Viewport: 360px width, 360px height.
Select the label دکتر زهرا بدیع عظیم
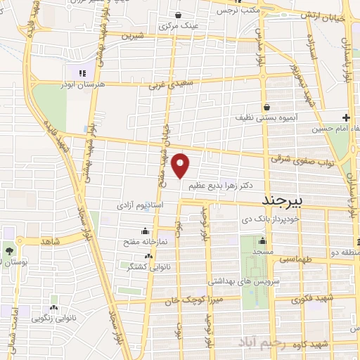[220, 186]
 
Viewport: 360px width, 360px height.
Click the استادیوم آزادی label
[141, 206]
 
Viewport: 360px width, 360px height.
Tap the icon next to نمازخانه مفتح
[146, 231]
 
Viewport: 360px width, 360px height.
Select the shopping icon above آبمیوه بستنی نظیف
[267, 108]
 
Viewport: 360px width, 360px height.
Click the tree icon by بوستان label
[10, 251]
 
